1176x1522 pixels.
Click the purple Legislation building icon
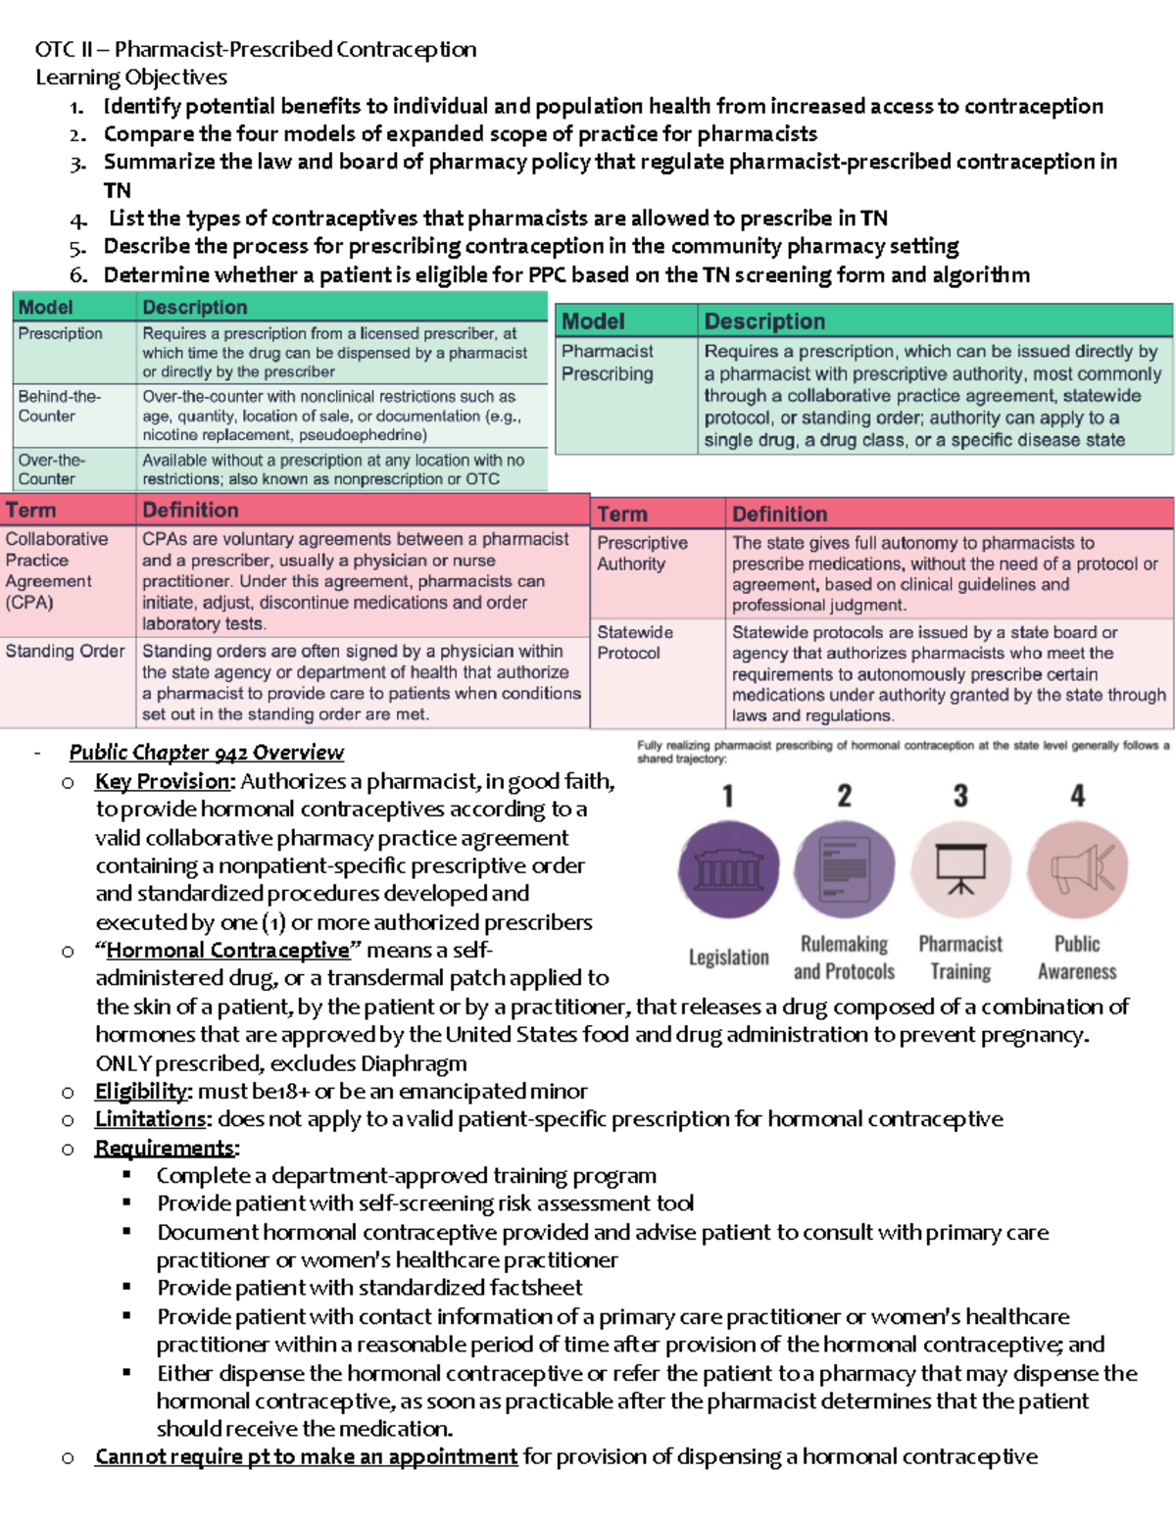728,869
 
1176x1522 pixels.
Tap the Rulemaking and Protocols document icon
844,869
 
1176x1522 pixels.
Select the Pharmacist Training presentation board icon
960,869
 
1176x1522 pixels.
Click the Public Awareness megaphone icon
1077,869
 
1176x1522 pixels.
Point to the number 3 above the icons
960,796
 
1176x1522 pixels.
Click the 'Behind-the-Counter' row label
59,406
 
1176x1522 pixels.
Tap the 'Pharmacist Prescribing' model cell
608,362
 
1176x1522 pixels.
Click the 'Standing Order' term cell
65,651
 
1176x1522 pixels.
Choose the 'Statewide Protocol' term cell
635,642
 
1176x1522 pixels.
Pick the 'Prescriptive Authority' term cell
642,553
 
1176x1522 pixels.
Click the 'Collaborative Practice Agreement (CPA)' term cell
56,570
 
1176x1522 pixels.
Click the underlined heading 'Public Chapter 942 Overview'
206,753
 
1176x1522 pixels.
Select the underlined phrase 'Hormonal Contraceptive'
227,950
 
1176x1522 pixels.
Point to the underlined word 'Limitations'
151,1119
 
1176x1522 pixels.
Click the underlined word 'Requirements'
165,1148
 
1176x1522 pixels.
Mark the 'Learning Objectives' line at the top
131,77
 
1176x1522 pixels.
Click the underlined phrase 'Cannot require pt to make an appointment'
306,1456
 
